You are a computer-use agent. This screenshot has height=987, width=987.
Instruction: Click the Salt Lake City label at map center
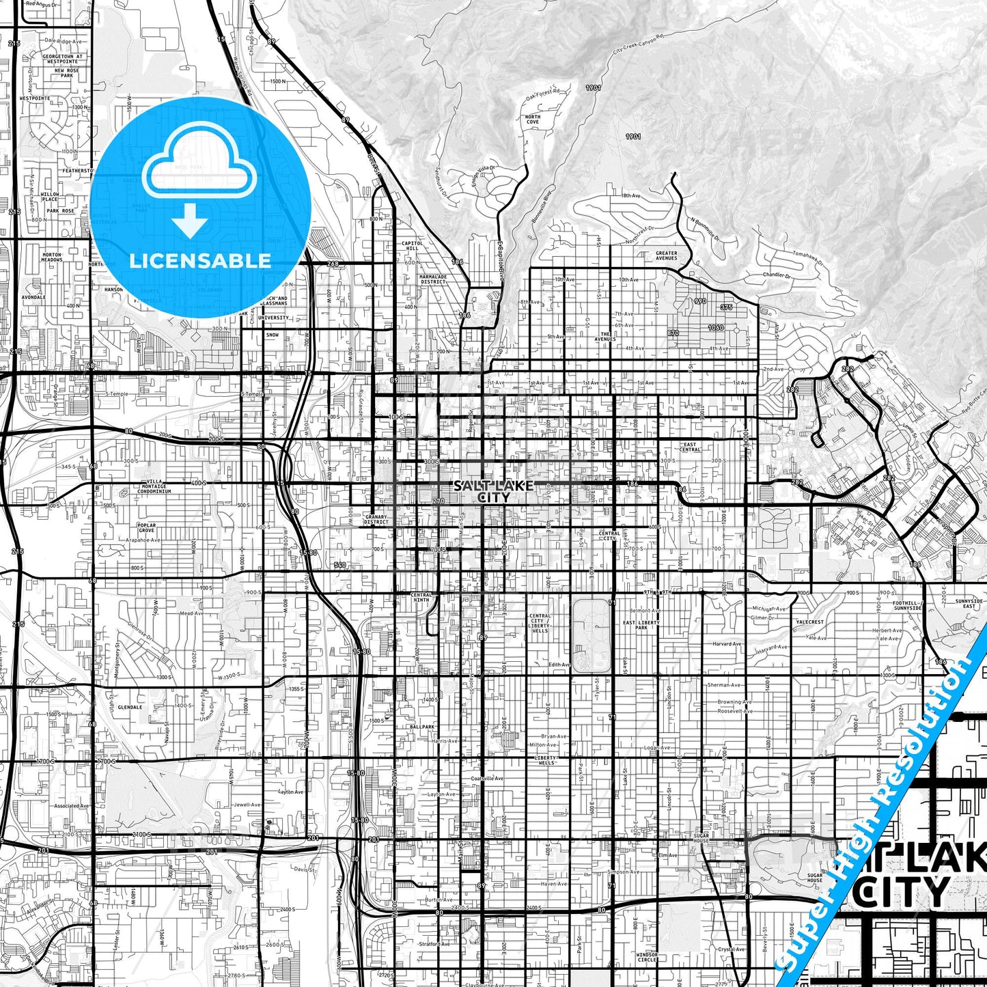pyautogui.click(x=492, y=491)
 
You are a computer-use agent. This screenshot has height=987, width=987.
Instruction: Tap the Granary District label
pyautogui.click(x=376, y=519)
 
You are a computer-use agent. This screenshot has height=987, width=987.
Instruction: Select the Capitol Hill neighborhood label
pyautogui.click(x=412, y=245)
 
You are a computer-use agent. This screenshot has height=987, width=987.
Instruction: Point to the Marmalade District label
pyautogui.click(x=433, y=279)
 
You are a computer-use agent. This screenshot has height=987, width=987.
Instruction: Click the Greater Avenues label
pyautogui.click(x=666, y=255)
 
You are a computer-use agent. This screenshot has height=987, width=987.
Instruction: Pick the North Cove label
pyautogui.click(x=532, y=120)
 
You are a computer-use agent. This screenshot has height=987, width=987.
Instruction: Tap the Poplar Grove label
pyautogui.click(x=146, y=528)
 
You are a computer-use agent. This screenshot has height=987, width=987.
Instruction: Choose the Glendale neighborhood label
pyautogui.click(x=130, y=707)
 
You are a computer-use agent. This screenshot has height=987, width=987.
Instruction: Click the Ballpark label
pyautogui.click(x=422, y=727)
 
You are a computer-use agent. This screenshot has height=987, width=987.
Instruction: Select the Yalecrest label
pyautogui.click(x=809, y=622)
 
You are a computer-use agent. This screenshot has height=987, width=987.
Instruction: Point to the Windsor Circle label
pyautogui.click(x=647, y=956)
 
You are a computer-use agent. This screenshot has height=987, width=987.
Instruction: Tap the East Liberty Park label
pyautogui.click(x=641, y=625)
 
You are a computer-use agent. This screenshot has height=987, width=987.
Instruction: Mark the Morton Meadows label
pyautogui.click(x=51, y=257)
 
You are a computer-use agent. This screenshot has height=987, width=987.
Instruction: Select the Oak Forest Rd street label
pyautogui.click(x=543, y=94)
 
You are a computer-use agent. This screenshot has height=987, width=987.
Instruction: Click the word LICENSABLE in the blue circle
pyautogui.click(x=200, y=260)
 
